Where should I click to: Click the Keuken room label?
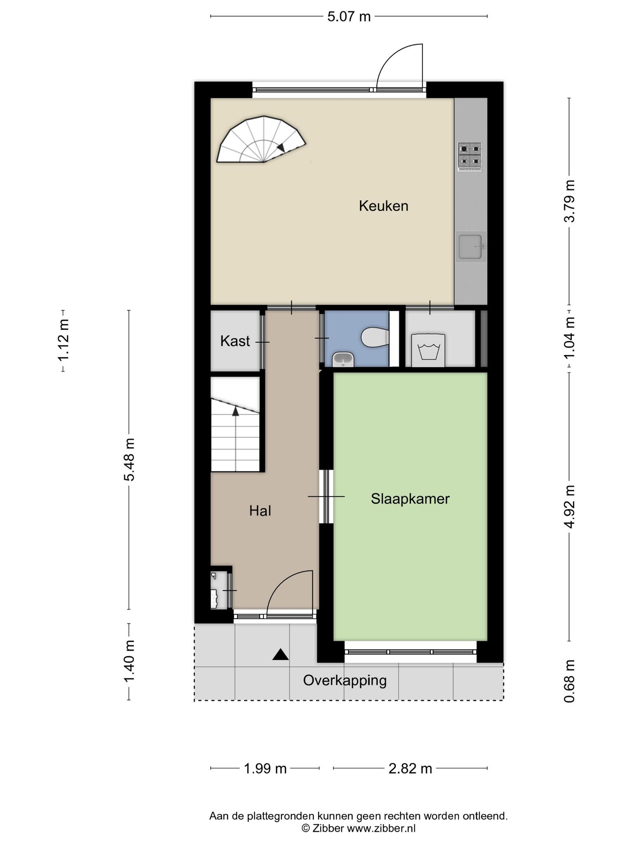[x=383, y=206]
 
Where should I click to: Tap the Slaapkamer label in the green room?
[x=410, y=499]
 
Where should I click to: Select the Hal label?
[x=260, y=511]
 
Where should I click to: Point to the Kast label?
[x=235, y=341]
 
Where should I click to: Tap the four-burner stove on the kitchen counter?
[x=470, y=156]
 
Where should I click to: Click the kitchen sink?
[x=471, y=247]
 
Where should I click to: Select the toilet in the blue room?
[x=375, y=338]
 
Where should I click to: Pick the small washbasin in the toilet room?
[x=343, y=359]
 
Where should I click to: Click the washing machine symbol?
[x=428, y=350]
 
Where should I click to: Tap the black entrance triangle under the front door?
[x=280, y=654]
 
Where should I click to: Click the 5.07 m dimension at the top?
[x=349, y=17]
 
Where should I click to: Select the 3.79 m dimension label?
[x=569, y=201]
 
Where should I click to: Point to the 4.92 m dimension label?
[x=569, y=507]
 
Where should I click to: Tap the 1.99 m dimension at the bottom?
[x=265, y=768]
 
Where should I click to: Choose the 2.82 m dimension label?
[x=410, y=768]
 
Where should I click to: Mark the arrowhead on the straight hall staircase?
[x=236, y=411]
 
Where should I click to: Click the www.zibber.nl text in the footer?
[x=381, y=828]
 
